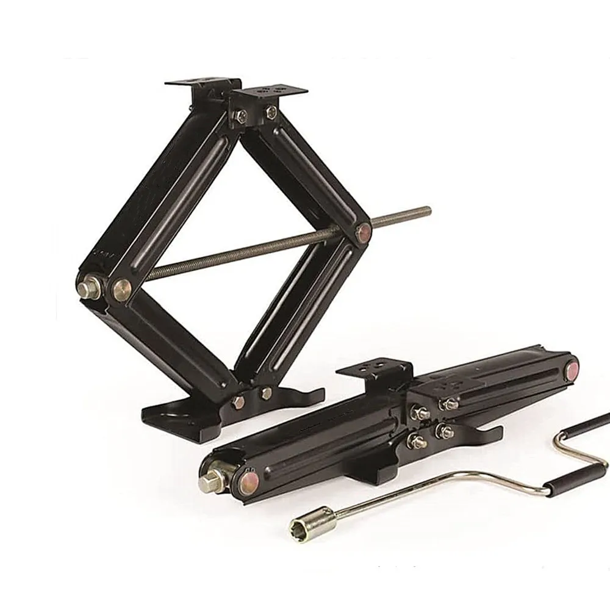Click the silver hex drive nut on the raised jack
coord(91,285)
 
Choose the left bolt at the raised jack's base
coord(239,402)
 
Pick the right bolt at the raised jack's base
coord(266,394)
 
